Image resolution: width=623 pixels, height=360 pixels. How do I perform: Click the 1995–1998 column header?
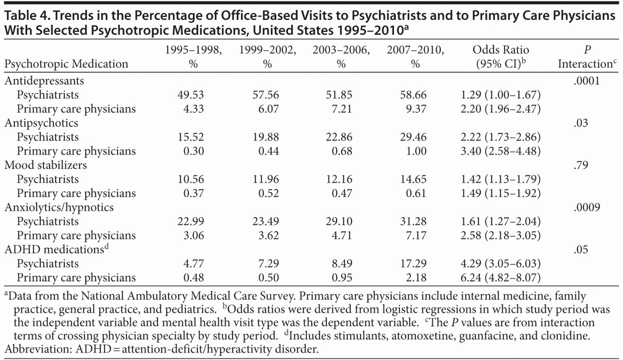click(x=193, y=56)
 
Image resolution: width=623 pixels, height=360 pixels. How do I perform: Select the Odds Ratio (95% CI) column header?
click(x=501, y=56)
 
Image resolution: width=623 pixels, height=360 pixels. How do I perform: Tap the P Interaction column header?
click(x=587, y=56)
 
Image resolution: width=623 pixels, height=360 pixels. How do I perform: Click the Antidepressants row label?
click(x=44, y=80)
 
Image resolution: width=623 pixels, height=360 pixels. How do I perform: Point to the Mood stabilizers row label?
click(x=45, y=165)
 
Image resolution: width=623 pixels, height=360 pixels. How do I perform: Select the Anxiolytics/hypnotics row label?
click(x=59, y=207)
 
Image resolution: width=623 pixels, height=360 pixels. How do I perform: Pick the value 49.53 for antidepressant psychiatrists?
click(x=191, y=95)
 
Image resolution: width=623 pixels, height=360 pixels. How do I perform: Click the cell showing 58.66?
click(x=413, y=95)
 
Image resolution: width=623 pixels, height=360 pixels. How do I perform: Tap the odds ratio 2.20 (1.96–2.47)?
click(x=501, y=109)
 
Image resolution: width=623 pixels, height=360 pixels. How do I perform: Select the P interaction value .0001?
click(x=586, y=80)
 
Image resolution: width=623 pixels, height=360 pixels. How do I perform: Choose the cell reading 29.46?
click(x=413, y=137)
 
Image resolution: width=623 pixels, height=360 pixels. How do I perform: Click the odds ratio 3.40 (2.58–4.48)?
click(x=501, y=151)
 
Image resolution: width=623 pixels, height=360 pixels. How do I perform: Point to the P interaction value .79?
click(x=581, y=165)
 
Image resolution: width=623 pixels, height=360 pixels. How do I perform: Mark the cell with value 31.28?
click(x=413, y=221)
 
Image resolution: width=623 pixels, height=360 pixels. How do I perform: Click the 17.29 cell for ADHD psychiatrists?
click(x=413, y=263)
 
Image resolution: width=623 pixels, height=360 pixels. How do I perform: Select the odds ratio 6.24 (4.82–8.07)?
click(x=501, y=278)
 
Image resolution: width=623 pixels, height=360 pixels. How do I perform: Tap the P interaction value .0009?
click(x=586, y=207)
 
